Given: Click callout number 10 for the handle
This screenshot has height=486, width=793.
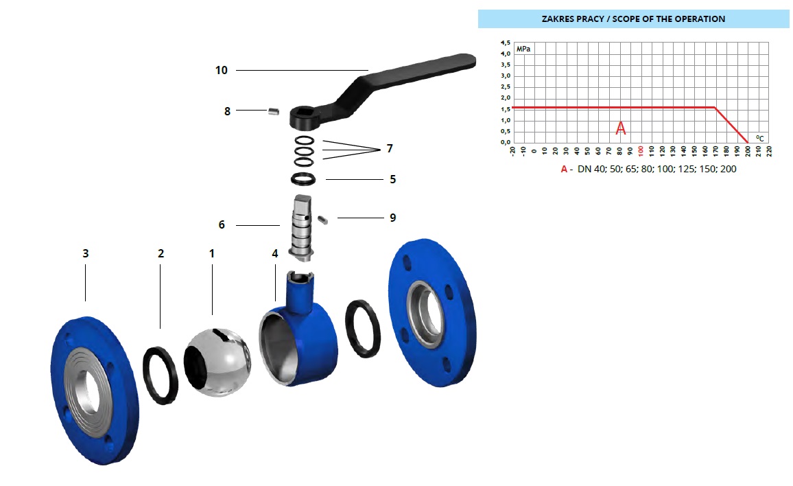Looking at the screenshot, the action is pyautogui.click(x=222, y=71).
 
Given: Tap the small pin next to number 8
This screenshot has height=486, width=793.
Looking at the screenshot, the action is pyautogui.click(x=274, y=111).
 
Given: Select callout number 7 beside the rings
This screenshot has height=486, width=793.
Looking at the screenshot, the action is pyautogui.click(x=390, y=148).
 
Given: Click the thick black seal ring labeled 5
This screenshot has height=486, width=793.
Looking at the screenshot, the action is pyautogui.click(x=303, y=178).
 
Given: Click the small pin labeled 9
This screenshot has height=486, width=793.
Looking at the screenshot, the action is pyautogui.click(x=322, y=219).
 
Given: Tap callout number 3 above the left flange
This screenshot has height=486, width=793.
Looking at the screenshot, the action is pyautogui.click(x=86, y=253).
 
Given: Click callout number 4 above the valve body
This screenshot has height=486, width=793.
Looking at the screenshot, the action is pyautogui.click(x=275, y=253).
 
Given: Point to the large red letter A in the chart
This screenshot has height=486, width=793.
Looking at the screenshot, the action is pyautogui.click(x=621, y=128).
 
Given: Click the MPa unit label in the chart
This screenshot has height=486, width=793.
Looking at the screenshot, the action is pyautogui.click(x=523, y=49).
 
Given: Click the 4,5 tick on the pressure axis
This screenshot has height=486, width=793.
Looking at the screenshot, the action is pyautogui.click(x=506, y=43).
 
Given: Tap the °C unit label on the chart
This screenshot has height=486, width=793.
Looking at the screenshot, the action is pyautogui.click(x=759, y=138).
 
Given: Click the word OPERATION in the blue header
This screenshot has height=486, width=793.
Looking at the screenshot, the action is pyautogui.click(x=700, y=19).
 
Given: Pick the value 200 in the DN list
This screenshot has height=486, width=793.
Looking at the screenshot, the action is pyautogui.click(x=729, y=169).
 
